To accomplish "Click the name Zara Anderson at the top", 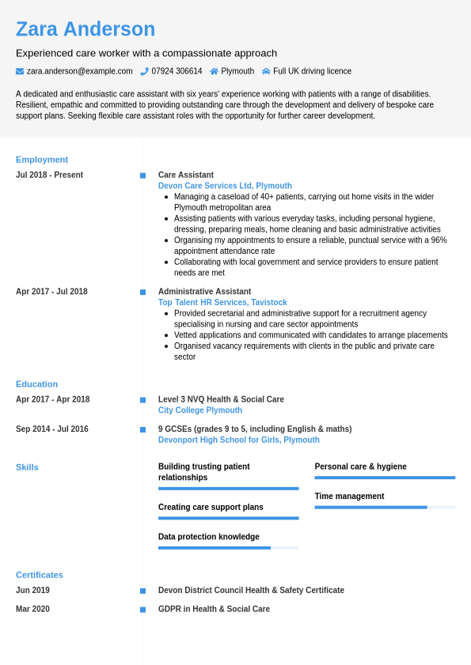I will click(85, 29).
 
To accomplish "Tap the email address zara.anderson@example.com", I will click(79, 71).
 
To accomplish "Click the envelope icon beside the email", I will click(20, 71).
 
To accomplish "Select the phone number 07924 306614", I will click(177, 71).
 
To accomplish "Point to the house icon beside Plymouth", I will click(214, 71).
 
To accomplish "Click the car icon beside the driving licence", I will click(266, 71).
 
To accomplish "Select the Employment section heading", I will click(42, 160).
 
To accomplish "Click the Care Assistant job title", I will click(186, 175).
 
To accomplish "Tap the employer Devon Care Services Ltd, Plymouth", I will click(225, 186).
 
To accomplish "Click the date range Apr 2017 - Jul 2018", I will click(51, 291).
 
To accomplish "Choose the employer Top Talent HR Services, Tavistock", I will click(222, 302).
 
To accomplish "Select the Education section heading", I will click(36, 384).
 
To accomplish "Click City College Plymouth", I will click(200, 410).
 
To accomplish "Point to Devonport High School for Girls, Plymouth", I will click(239, 440).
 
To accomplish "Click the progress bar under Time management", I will click(385, 508).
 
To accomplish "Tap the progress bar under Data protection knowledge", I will click(228, 548).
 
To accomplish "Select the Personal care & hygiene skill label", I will click(360, 467).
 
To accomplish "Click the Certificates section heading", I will click(40, 575).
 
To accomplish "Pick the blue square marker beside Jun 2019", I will click(142, 591).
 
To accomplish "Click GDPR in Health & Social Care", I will click(214, 609).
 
